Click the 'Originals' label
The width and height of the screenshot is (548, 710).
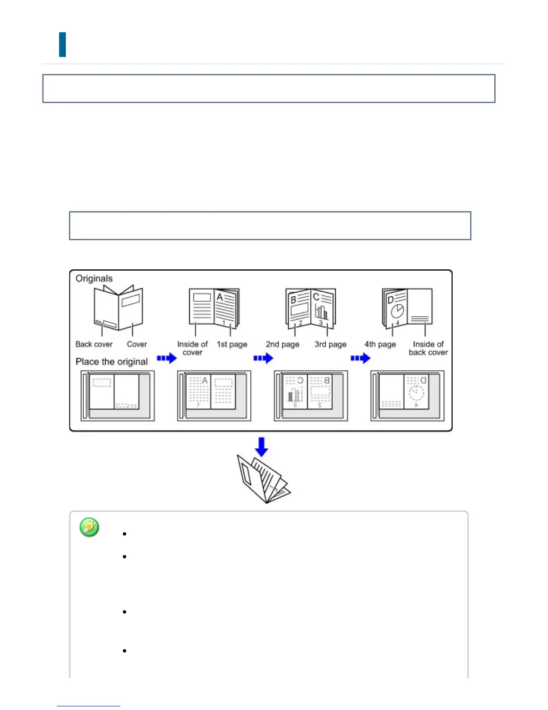pos(94,278)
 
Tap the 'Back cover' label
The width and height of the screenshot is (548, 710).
pos(94,344)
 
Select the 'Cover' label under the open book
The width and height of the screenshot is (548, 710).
pos(137,344)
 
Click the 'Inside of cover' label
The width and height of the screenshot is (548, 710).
pos(193,348)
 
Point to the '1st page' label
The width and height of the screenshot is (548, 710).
pos(232,344)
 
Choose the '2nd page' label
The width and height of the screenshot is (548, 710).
pos(283,344)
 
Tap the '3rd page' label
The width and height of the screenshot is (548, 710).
pos(330,344)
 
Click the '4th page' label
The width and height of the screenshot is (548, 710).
pos(380,344)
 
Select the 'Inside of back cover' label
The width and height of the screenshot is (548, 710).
pos(428,348)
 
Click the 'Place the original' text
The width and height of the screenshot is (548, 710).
pos(111,362)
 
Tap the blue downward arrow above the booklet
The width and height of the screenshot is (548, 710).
pos(261,447)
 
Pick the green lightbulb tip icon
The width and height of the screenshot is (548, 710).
pos(90,527)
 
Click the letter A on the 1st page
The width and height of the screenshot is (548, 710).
pos(220,297)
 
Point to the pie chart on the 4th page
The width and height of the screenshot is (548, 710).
pos(397,311)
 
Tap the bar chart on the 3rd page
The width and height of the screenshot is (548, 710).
pos(321,312)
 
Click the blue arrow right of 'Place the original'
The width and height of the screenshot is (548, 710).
pos(167,358)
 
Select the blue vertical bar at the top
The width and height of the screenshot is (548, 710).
pos(63,44)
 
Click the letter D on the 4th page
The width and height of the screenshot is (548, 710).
pos(390,299)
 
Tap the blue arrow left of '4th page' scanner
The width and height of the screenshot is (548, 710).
pos(360,358)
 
